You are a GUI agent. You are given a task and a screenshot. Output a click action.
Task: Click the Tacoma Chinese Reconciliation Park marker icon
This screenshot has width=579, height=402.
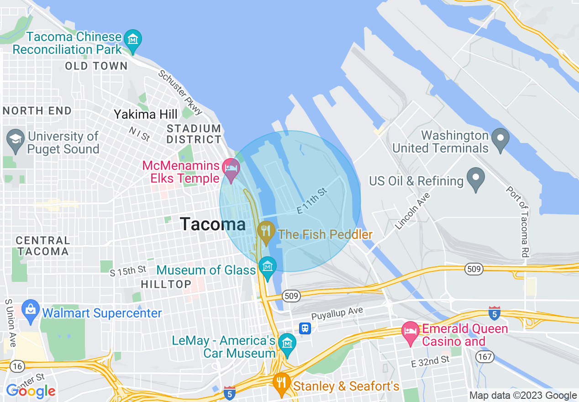(133, 40)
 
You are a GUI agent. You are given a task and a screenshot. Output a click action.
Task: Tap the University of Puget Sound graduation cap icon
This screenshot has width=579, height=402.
(16, 137)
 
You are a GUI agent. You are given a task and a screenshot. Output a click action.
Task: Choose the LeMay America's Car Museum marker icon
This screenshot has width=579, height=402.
(287, 343)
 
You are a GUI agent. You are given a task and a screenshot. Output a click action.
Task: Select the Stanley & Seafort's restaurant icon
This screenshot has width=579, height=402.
(281, 382)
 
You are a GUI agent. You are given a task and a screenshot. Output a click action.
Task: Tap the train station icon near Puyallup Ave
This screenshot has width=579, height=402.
(305, 328)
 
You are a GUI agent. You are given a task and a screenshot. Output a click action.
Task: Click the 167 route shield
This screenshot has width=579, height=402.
(483, 356)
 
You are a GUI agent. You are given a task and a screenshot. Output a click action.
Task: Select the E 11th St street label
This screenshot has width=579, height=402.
(312, 201)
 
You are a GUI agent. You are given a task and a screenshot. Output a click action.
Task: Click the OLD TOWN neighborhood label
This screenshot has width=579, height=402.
(96, 66)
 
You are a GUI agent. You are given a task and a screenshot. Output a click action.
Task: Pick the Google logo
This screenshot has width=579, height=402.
(31, 391)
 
